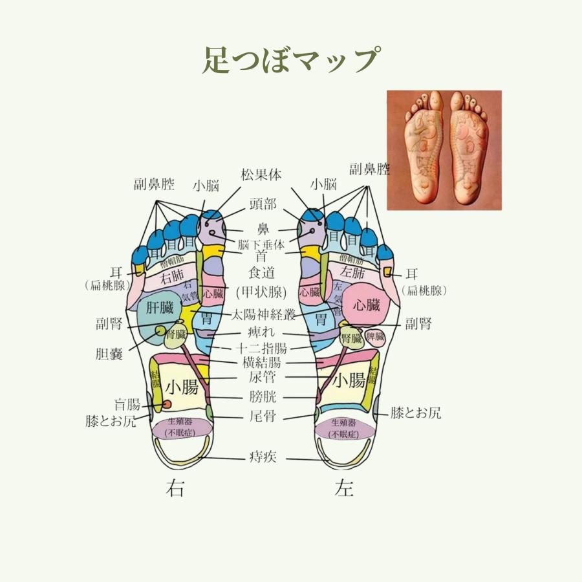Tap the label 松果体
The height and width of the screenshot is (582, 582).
(261, 175)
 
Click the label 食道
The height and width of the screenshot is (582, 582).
(262, 275)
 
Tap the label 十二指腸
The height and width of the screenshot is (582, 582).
(262, 348)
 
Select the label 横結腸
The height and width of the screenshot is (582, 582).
(262, 363)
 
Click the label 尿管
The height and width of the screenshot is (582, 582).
(262, 377)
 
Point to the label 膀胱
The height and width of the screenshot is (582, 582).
(262, 397)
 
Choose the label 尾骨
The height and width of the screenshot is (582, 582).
(262, 416)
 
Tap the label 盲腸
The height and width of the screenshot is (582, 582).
(127, 405)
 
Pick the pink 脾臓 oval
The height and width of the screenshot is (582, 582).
(375, 336)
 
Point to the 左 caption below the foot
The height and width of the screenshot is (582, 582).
(344, 489)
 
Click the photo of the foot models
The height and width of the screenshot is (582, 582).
(444, 150)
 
